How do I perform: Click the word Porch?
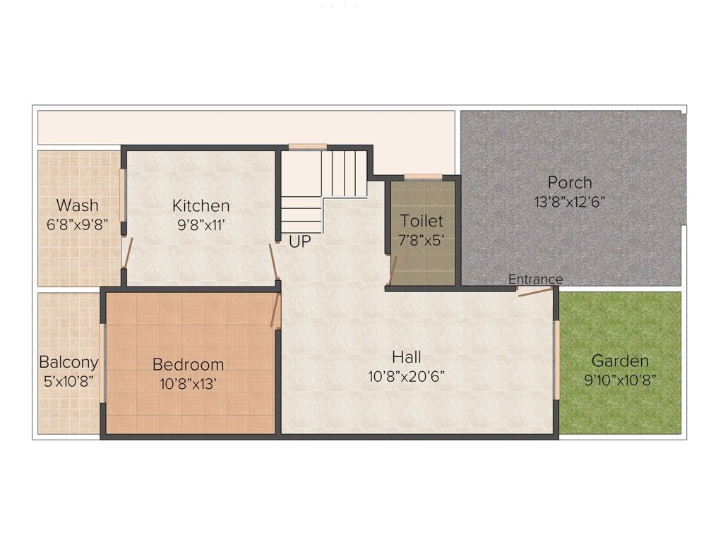(570, 183)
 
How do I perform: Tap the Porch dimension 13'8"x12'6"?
(570, 201)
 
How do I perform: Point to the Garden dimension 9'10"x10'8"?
(620, 379)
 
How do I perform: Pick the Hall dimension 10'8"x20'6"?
(405, 376)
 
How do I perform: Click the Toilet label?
(422, 221)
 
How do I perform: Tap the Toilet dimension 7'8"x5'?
(422, 239)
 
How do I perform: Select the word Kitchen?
(201, 206)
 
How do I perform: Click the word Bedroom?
(189, 365)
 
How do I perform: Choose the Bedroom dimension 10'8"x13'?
(189, 383)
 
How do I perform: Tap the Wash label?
(78, 206)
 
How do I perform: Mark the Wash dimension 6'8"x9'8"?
(78, 224)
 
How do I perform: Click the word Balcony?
(68, 363)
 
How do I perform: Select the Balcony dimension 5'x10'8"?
(68, 380)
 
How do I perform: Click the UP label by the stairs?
(299, 241)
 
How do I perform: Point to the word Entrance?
(536, 279)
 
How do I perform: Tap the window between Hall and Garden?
(556, 359)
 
